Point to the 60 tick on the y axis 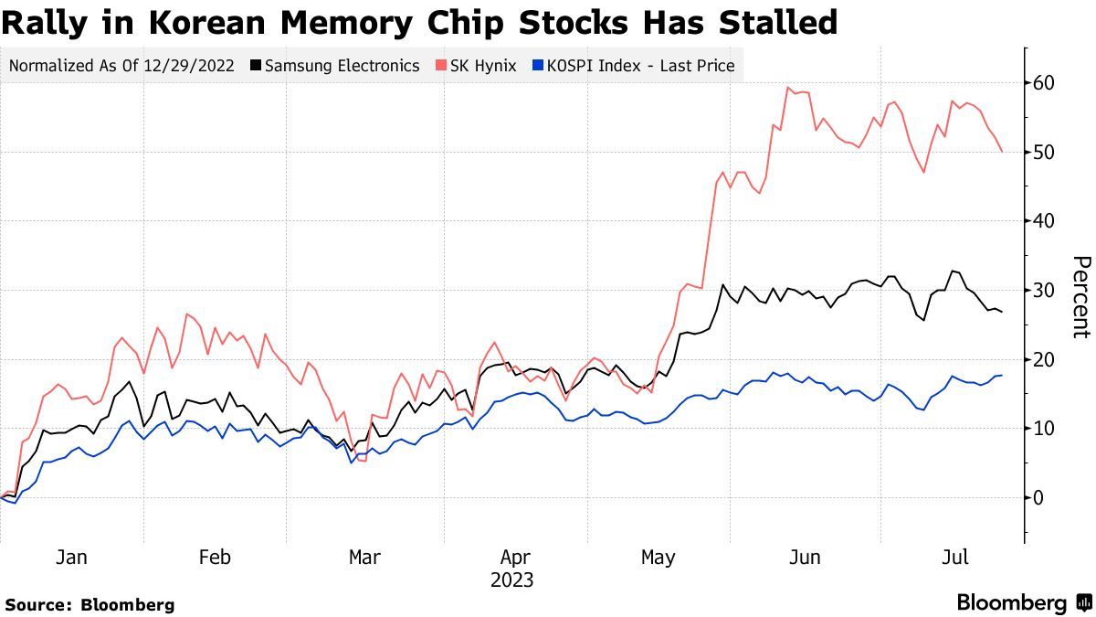[x=1045, y=83]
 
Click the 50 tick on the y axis [x=1045, y=152]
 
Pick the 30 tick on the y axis [x=1045, y=291]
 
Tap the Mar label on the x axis [x=364, y=558]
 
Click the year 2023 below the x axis [x=511, y=580]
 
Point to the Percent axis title [x=1080, y=297]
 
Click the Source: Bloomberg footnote [x=90, y=604]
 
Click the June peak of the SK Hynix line [x=787, y=88]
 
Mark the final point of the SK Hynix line [x=1002, y=152]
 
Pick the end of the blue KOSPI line [x=1002, y=376]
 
